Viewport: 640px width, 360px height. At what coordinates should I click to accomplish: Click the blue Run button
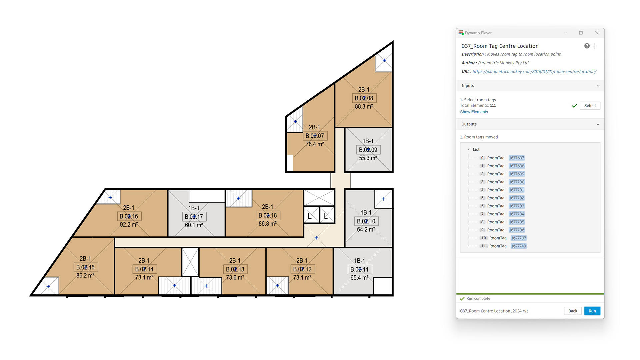pos(592,311)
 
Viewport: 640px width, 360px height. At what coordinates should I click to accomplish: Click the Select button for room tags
pos(590,106)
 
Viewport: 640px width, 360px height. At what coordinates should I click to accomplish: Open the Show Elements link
pos(474,112)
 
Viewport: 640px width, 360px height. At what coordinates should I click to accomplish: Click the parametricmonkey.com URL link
pos(534,72)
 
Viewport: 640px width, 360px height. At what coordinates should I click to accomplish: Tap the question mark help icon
pos(587,46)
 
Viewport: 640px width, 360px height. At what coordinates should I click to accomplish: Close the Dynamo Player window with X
pos(597,33)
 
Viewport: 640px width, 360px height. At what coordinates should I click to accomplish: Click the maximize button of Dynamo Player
pos(581,33)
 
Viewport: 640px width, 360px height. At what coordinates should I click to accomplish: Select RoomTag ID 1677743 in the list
pos(519,246)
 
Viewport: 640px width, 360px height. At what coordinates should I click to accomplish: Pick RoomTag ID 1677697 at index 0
pos(516,158)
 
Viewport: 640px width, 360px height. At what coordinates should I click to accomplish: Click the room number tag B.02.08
pos(364,98)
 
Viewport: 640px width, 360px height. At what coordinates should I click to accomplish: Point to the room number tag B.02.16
pos(129,216)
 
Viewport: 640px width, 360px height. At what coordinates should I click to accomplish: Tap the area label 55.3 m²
pos(368,158)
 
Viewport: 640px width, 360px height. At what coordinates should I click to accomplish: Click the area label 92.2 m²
pos(129,225)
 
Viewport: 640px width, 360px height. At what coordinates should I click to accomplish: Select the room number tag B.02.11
pos(360,269)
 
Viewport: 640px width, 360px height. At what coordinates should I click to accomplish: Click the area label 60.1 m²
pos(194,225)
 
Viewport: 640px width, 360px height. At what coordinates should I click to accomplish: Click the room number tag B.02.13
pos(235,269)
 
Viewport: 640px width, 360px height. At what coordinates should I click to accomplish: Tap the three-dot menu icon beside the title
pos(595,46)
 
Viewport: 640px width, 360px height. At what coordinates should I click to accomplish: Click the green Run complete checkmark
pos(462,299)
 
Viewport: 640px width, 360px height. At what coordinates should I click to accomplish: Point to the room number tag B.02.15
pos(86,267)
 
